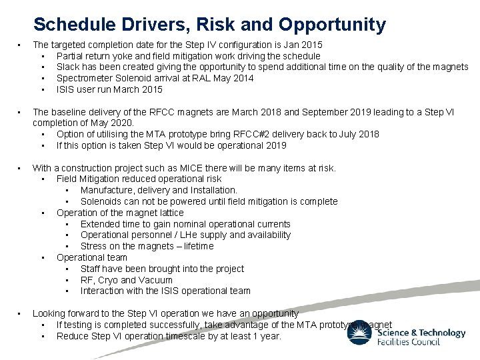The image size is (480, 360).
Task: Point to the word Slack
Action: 69,67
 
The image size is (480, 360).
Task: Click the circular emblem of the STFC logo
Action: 361,331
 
